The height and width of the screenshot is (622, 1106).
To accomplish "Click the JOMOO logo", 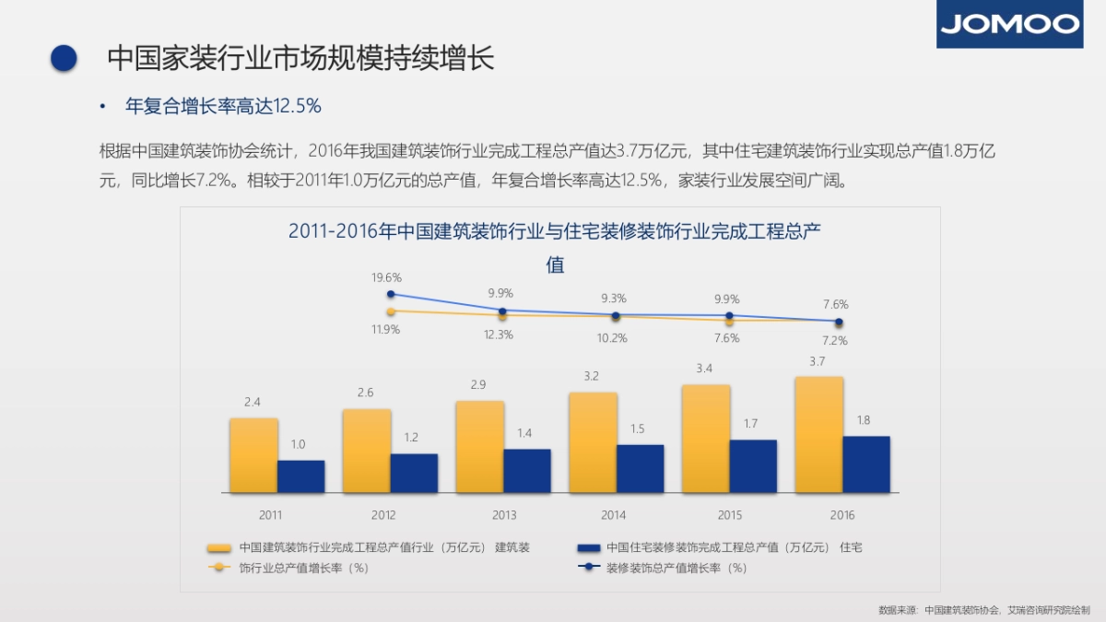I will tap(1009, 24).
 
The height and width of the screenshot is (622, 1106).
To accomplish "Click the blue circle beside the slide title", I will tap(64, 58).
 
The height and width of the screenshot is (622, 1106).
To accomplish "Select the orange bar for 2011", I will tap(253, 455).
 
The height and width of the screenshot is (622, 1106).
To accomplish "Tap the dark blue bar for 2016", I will tap(866, 464).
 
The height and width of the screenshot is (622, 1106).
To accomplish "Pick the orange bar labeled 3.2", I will tap(593, 442).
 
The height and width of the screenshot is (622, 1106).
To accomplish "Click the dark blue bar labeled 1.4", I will tap(526, 471).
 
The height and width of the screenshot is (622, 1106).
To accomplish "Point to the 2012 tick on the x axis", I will tap(383, 515).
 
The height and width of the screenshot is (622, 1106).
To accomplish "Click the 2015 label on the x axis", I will tap(729, 515).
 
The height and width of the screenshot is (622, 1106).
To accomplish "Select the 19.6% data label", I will tap(386, 277).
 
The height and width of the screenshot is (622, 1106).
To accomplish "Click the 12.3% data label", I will tap(498, 334).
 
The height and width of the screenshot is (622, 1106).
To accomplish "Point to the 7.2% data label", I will tap(835, 340).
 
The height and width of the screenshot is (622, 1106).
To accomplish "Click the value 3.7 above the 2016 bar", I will tap(818, 362).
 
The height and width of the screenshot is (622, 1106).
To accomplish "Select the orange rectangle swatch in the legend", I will tap(219, 547).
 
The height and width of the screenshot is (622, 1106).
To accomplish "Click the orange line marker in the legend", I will tap(219, 568).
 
